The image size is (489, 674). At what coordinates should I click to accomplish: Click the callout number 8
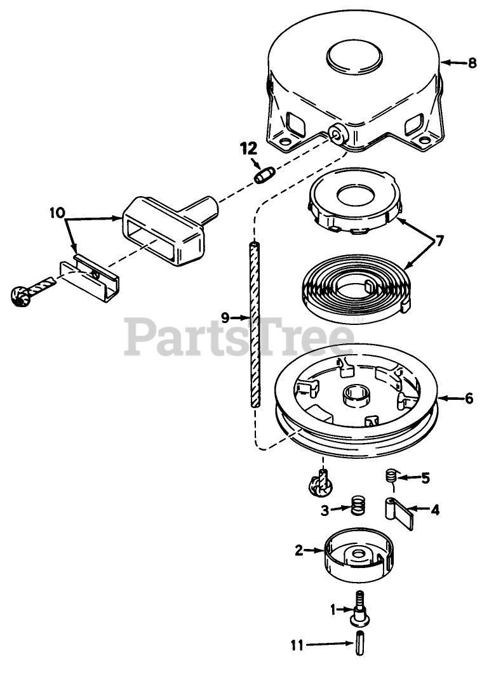472,63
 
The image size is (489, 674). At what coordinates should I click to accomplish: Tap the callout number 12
248,149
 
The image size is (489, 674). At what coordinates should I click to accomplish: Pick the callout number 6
469,399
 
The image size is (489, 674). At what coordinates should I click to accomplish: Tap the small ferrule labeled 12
263,174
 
